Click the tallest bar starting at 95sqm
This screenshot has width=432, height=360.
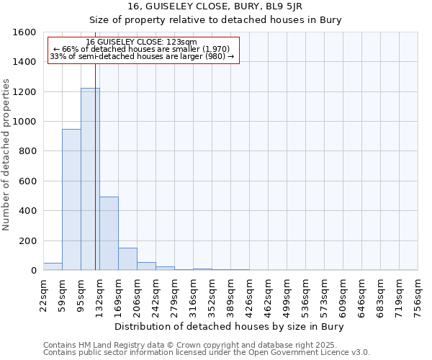[90, 179]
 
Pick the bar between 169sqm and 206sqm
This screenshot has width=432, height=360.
[127, 259]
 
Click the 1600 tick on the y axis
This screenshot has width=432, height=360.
[25, 32]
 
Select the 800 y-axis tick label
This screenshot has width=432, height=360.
[28, 151]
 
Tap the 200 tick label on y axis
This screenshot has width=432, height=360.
[28, 240]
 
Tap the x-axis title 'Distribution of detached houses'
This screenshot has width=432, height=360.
[230, 327]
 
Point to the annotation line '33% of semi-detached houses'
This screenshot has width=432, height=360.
[142, 56]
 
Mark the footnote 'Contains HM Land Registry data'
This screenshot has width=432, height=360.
[205, 345]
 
